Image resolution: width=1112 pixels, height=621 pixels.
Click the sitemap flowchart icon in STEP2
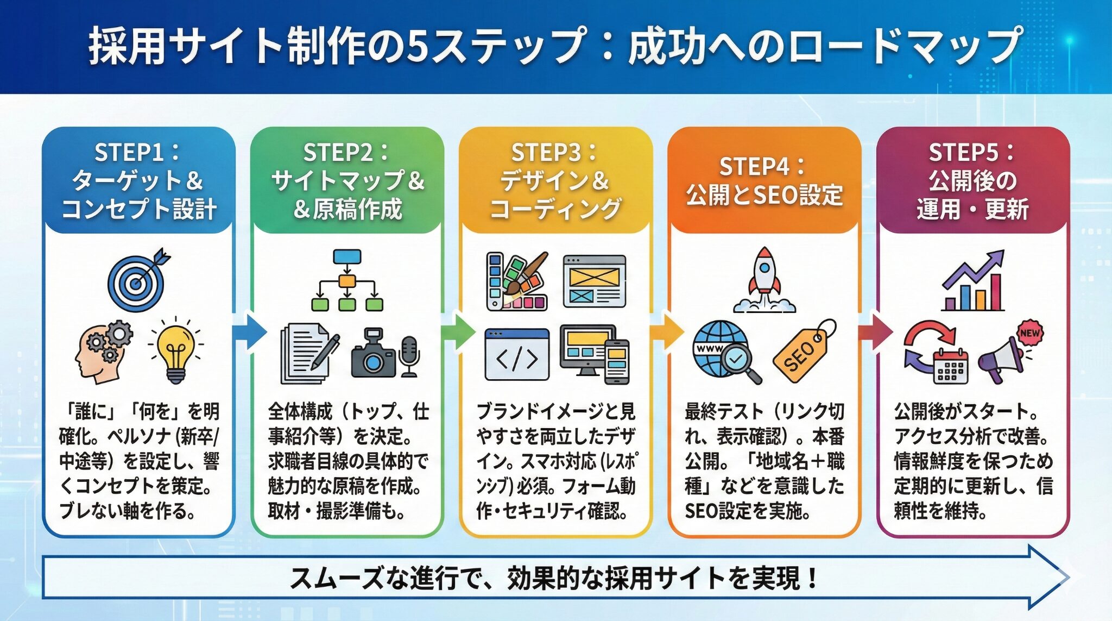(x=347, y=280)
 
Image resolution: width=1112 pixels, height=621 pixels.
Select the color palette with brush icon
(x=516, y=281)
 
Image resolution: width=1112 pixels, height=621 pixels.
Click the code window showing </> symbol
(x=516, y=355)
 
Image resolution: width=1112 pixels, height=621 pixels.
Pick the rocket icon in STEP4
(x=764, y=280)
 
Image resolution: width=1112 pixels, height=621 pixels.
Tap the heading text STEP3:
(x=554, y=153)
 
